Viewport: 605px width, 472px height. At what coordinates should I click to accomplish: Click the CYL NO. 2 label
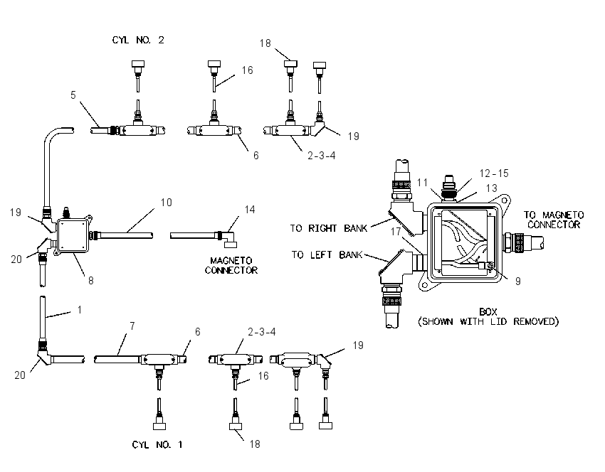[138, 40]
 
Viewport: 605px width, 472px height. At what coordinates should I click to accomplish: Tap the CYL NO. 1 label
[157, 445]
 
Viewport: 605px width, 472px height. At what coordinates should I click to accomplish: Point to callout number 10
[167, 203]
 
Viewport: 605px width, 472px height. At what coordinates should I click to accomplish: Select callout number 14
[250, 209]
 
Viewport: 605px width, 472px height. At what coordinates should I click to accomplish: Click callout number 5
[73, 95]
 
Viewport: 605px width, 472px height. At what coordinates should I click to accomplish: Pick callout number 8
[90, 281]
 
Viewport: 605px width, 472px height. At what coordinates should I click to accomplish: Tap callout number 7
[132, 326]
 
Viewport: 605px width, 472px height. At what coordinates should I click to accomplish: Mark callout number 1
[80, 310]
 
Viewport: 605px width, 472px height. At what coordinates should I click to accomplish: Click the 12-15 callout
[494, 173]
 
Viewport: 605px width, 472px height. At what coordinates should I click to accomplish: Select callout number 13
[491, 188]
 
